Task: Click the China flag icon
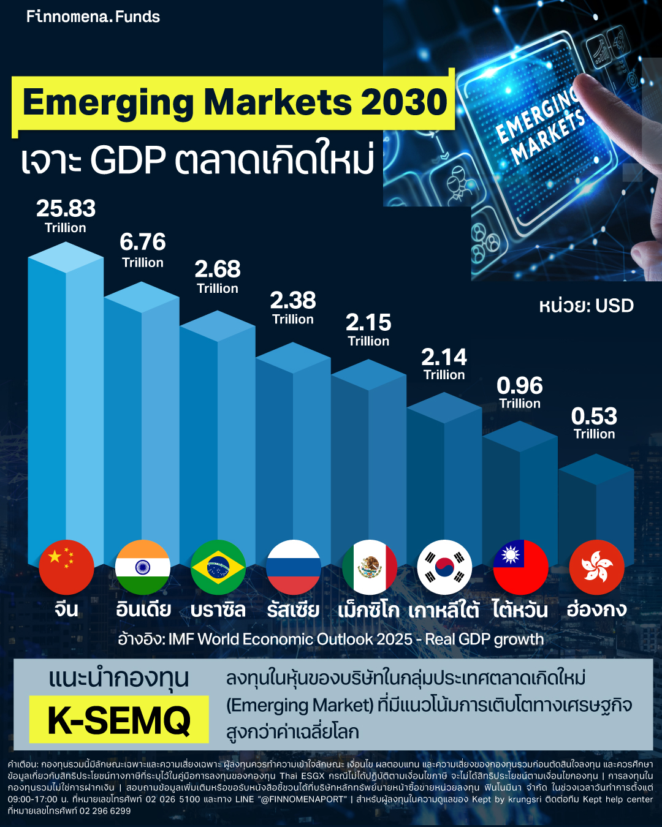(x=66, y=567)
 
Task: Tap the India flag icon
(x=143, y=567)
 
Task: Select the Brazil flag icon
(x=218, y=567)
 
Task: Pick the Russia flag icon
(x=294, y=567)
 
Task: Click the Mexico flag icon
(x=370, y=567)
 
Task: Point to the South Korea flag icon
(x=444, y=567)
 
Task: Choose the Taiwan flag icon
(x=520, y=567)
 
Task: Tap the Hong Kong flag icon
(x=596, y=567)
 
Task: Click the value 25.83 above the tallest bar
(x=66, y=209)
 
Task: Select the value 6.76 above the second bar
(x=143, y=243)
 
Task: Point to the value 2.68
(x=218, y=270)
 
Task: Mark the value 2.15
(x=368, y=323)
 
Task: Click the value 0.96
(x=520, y=386)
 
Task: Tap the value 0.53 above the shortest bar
(x=594, y=417)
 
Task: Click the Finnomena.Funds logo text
(x=93, y=17)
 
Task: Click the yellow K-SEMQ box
(x=119, y=719)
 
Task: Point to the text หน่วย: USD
(x=586, y=306)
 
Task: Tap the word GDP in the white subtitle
(x=128, y=160)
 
